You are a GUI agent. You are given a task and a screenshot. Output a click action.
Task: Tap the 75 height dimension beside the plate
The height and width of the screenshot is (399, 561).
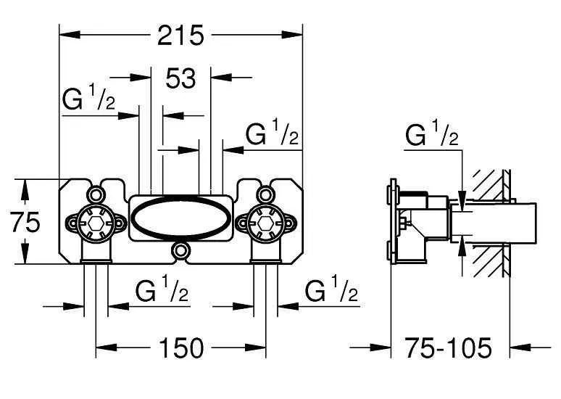(25, 223)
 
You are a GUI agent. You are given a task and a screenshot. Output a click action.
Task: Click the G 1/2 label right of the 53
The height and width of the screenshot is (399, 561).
(272, 133)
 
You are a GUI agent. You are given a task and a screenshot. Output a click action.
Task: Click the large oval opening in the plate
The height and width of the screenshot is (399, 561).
(180, 217)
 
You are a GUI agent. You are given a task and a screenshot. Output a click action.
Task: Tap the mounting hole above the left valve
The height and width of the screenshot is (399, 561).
(96, 194)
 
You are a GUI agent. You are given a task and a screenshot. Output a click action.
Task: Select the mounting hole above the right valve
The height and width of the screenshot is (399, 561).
(265, 194)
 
